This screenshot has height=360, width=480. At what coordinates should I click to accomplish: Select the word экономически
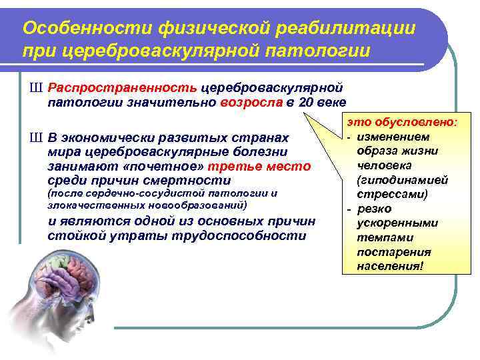pyautogui.click(x=113, y=138)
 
